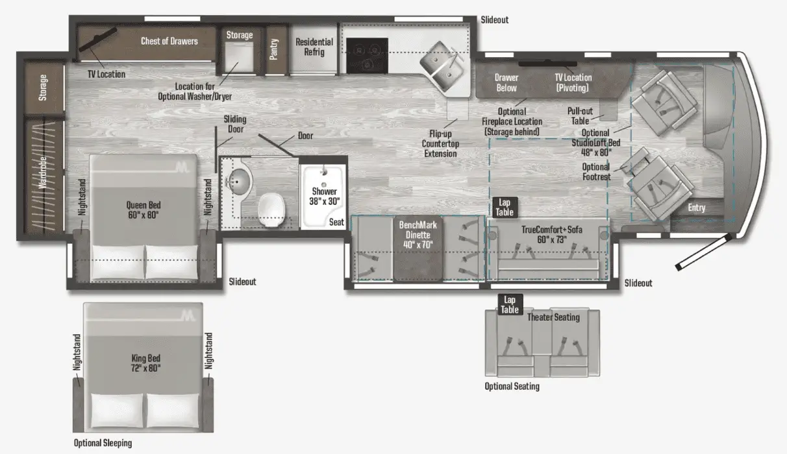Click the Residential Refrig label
coord(314,47)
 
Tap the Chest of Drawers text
coord(169,41)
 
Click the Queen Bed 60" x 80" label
coord(143,209)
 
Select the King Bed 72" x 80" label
coord(144,363)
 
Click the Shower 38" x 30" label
coord(324,196)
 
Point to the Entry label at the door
coord(697,208)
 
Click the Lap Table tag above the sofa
coord(505,208)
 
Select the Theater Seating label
coord(553,317)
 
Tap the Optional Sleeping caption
coord(103,443)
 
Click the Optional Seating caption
coord(512,387)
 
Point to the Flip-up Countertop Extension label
coord(440,143)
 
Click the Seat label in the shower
coord(336,222)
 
